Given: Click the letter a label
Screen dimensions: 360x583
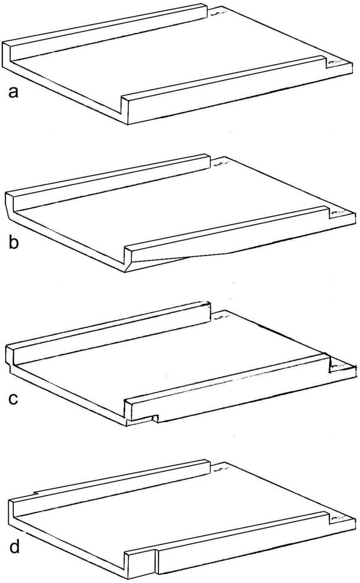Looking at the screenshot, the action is (13, 92).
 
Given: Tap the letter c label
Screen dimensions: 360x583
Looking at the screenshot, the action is (13, 399).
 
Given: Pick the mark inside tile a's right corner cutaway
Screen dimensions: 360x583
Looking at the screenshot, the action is (334, 62).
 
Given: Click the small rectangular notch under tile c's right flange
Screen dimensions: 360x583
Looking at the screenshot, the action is (155, 418).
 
